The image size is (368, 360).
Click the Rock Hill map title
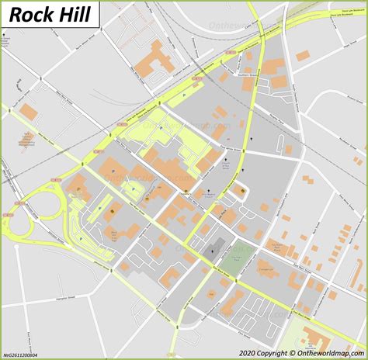(x=50, y=14)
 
